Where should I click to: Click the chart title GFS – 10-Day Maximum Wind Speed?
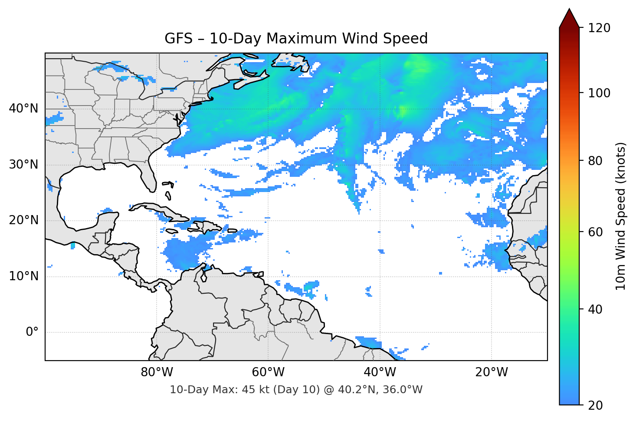pyautogui.click(x=296, y=39)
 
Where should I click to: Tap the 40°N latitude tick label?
pyautogui.click(x=23, y=109)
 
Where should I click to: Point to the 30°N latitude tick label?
pyautogui.click(x=23, y=165)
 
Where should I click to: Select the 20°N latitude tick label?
pyautogui.click(x=23, y=220)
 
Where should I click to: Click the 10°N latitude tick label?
pyautogui.click(x=23, y=276)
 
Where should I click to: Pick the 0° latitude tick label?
pyautogui.click(x=32, y=332)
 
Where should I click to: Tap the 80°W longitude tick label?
pyautogui.click(x=157, y=372)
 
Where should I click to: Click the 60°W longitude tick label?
pyautogui.click(x=268, y=372)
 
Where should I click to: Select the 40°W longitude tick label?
pyautogui.click(x=380, y=372)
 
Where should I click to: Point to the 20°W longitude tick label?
pyautogui.click(x=491, y=372)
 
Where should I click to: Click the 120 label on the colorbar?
pyautogui.click(x=599, y=28)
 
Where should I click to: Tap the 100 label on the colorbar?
pyautogui.click(x=599, y=93)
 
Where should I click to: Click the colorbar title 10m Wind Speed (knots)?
pyautogui.click(x=621, y=216)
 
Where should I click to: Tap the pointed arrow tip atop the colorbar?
pyautogui.click(x=569, y=11)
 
